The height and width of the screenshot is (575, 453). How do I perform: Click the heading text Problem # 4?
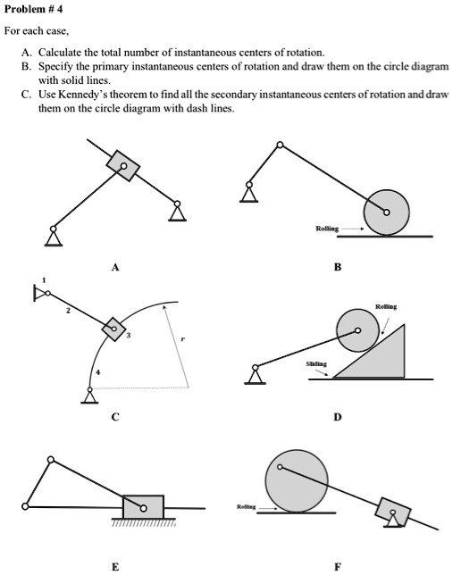[34, 10]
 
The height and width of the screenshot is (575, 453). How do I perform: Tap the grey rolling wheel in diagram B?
[386, 212]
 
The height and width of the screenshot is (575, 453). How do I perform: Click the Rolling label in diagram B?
[327, 229]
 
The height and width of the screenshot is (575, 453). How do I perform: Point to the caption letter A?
[113, 267]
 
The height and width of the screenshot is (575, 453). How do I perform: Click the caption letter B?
[337, 267]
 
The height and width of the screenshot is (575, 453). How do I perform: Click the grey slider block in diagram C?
[113, 329]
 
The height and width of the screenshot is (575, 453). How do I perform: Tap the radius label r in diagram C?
[183, 340]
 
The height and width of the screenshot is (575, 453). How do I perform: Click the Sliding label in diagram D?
[316, 364]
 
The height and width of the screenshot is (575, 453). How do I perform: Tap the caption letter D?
[337, 416]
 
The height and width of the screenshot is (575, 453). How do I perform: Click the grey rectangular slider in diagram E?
[143, 507]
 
